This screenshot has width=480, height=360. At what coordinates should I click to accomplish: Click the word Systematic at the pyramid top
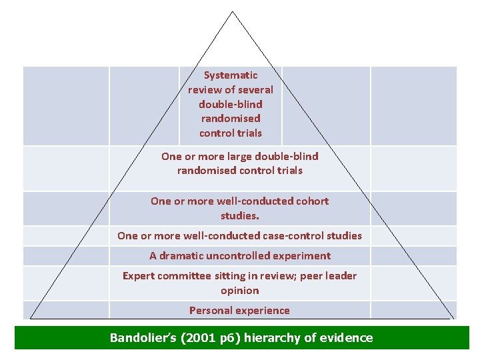tap(231, 75)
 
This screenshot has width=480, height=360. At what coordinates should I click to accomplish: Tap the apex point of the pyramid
tap(233, 11)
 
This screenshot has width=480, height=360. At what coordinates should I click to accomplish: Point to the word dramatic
tap(183, 256)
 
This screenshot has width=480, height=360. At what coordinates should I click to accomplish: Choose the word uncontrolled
tap(247, 256)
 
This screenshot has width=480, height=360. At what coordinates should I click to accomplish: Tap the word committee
tap(184, 276)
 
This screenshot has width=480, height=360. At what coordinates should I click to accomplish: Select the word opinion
tap(240, 291)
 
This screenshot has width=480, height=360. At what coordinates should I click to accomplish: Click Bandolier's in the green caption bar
tap(142, 338)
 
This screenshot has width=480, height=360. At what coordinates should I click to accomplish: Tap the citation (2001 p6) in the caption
tap(209, 338)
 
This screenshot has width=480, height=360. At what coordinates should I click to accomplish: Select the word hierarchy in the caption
tap(273, 338)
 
